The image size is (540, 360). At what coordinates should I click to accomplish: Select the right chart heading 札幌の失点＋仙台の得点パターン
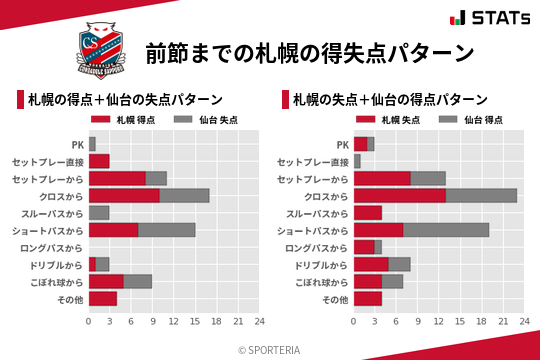point(391,99)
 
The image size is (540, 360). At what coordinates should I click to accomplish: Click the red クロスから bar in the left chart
point(124,195)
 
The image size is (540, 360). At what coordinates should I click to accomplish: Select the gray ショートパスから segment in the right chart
point(446,230)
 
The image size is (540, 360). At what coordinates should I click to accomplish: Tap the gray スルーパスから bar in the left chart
point(99,212)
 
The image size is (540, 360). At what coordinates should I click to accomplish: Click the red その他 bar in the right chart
point(368,298)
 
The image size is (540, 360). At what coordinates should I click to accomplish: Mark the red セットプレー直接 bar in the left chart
point(99,161)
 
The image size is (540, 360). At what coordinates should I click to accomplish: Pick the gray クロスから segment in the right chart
point(481,195)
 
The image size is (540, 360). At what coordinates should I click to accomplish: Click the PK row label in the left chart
point(77,144)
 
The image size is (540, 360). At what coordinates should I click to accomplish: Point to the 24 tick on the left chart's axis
point(259,321)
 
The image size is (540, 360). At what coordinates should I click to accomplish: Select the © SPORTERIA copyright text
point(270,350)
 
